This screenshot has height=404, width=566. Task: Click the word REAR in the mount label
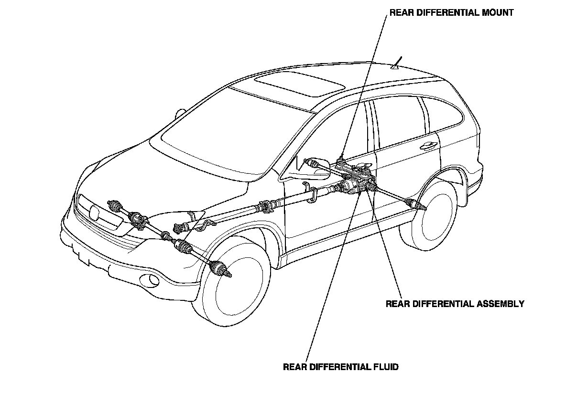[x=401, y=13]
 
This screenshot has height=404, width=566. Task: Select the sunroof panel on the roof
[x=299, y=84]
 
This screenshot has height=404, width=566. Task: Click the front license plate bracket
[x=84, y=258]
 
